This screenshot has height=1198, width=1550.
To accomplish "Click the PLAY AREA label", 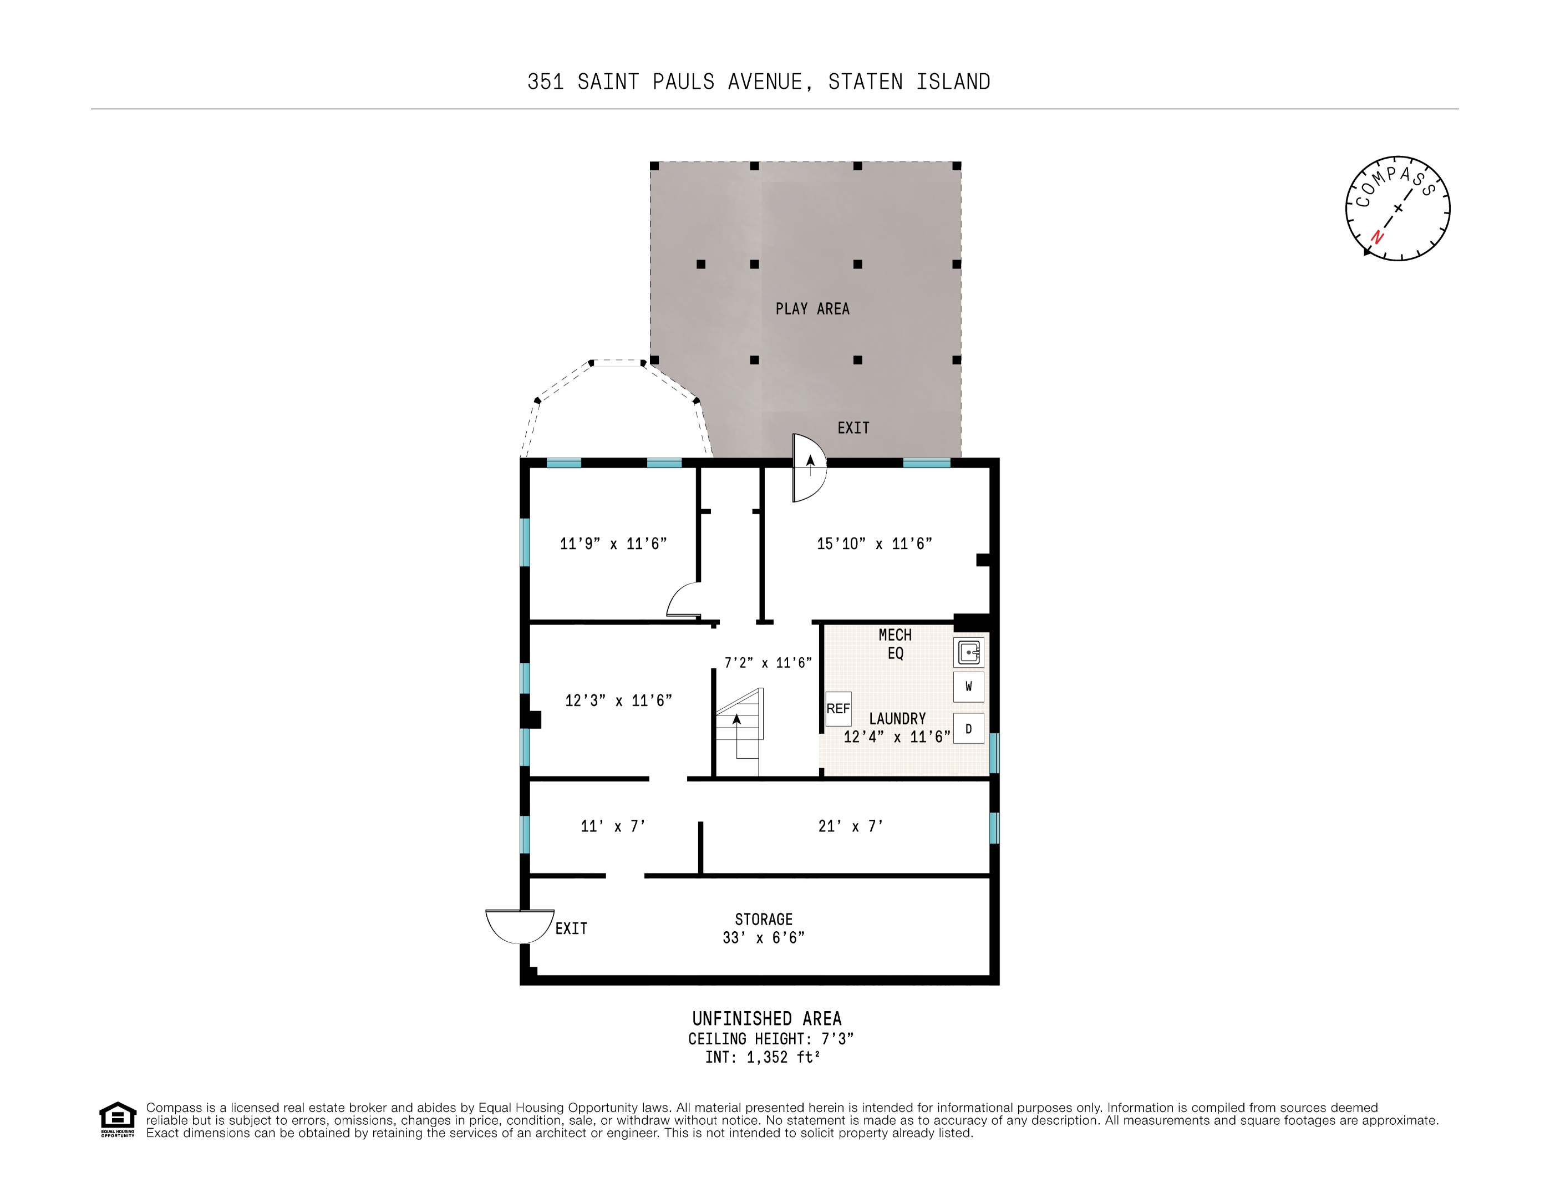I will (x=812, y=309).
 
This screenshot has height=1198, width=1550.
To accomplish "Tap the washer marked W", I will (x=968, y=686).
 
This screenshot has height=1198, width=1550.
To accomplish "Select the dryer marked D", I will (x=968, y=729).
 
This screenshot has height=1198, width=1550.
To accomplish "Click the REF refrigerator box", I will (x=837, y=708).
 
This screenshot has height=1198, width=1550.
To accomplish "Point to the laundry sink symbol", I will (x=968, y=652).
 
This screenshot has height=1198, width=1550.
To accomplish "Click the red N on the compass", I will (x=1377, y=236).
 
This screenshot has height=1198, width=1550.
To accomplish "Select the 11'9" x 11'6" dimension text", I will (x=613, y=544).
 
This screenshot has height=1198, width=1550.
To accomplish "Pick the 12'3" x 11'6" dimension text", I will (x=618, y=700).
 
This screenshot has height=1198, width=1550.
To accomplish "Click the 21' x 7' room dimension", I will (x=850, y=826).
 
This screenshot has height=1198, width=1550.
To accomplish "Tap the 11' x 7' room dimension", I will (x=612, y=826).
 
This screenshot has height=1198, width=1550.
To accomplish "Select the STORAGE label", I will (x=764, y=919).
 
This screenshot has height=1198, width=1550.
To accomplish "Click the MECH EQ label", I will (x=895, y=644).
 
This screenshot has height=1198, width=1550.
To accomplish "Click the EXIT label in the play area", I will (x=853, y=428).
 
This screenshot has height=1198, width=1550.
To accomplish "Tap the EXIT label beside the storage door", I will (x=571, y=928).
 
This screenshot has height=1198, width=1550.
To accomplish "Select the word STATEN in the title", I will (x=865, y=82).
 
